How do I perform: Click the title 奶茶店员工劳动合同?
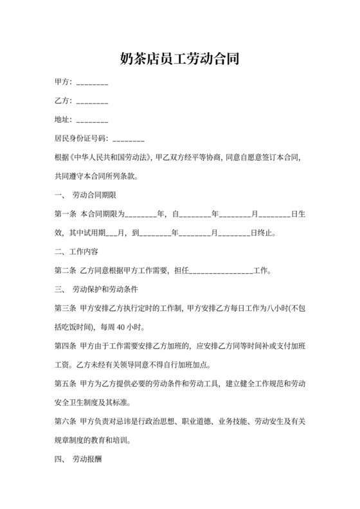point(180,60)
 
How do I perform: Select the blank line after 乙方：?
point(92,102)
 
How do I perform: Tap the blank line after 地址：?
point(92,120)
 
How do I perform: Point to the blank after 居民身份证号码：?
point(128,138)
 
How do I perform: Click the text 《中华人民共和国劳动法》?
point(113,156)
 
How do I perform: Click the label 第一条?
point(66,213)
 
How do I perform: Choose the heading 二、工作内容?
point(76,251)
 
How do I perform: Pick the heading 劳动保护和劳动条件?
point(110,289)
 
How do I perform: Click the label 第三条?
point(66,308)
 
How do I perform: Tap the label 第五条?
point(66,384)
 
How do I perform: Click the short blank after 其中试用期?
point(110,233)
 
